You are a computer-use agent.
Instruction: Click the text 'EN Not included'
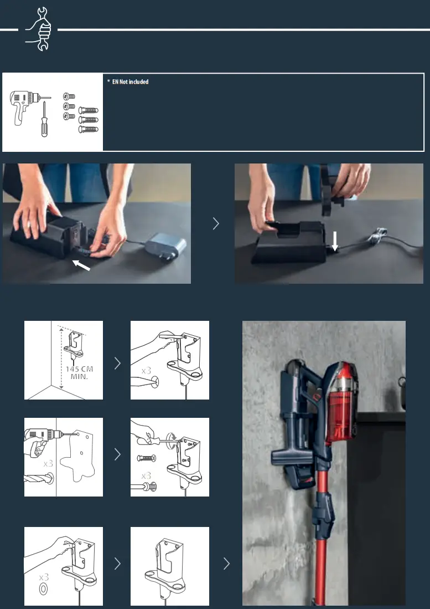(x=129, y=82)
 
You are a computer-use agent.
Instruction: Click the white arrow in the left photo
(x=81, y=267)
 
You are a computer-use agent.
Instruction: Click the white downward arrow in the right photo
(x=334, y=241)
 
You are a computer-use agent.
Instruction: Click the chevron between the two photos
(x=216, y=223)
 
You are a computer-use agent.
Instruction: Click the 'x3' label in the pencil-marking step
(x=146, y=370)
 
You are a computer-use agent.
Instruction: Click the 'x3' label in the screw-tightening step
(x=146, y=475)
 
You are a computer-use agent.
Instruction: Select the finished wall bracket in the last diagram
(x=170, y=565)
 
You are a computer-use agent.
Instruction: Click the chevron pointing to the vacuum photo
(x=226, y=564)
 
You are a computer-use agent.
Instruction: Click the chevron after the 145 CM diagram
(x=117, y=364)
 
